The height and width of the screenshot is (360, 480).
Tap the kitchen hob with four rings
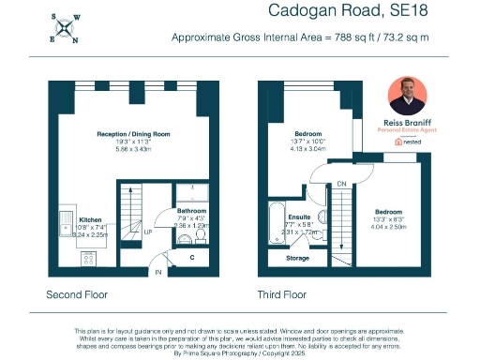tap(62, 256)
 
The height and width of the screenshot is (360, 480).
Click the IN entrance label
tap(158, 274)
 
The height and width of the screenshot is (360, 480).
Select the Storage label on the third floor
tap(297, 257)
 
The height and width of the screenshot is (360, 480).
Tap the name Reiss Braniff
tap(408, 123)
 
